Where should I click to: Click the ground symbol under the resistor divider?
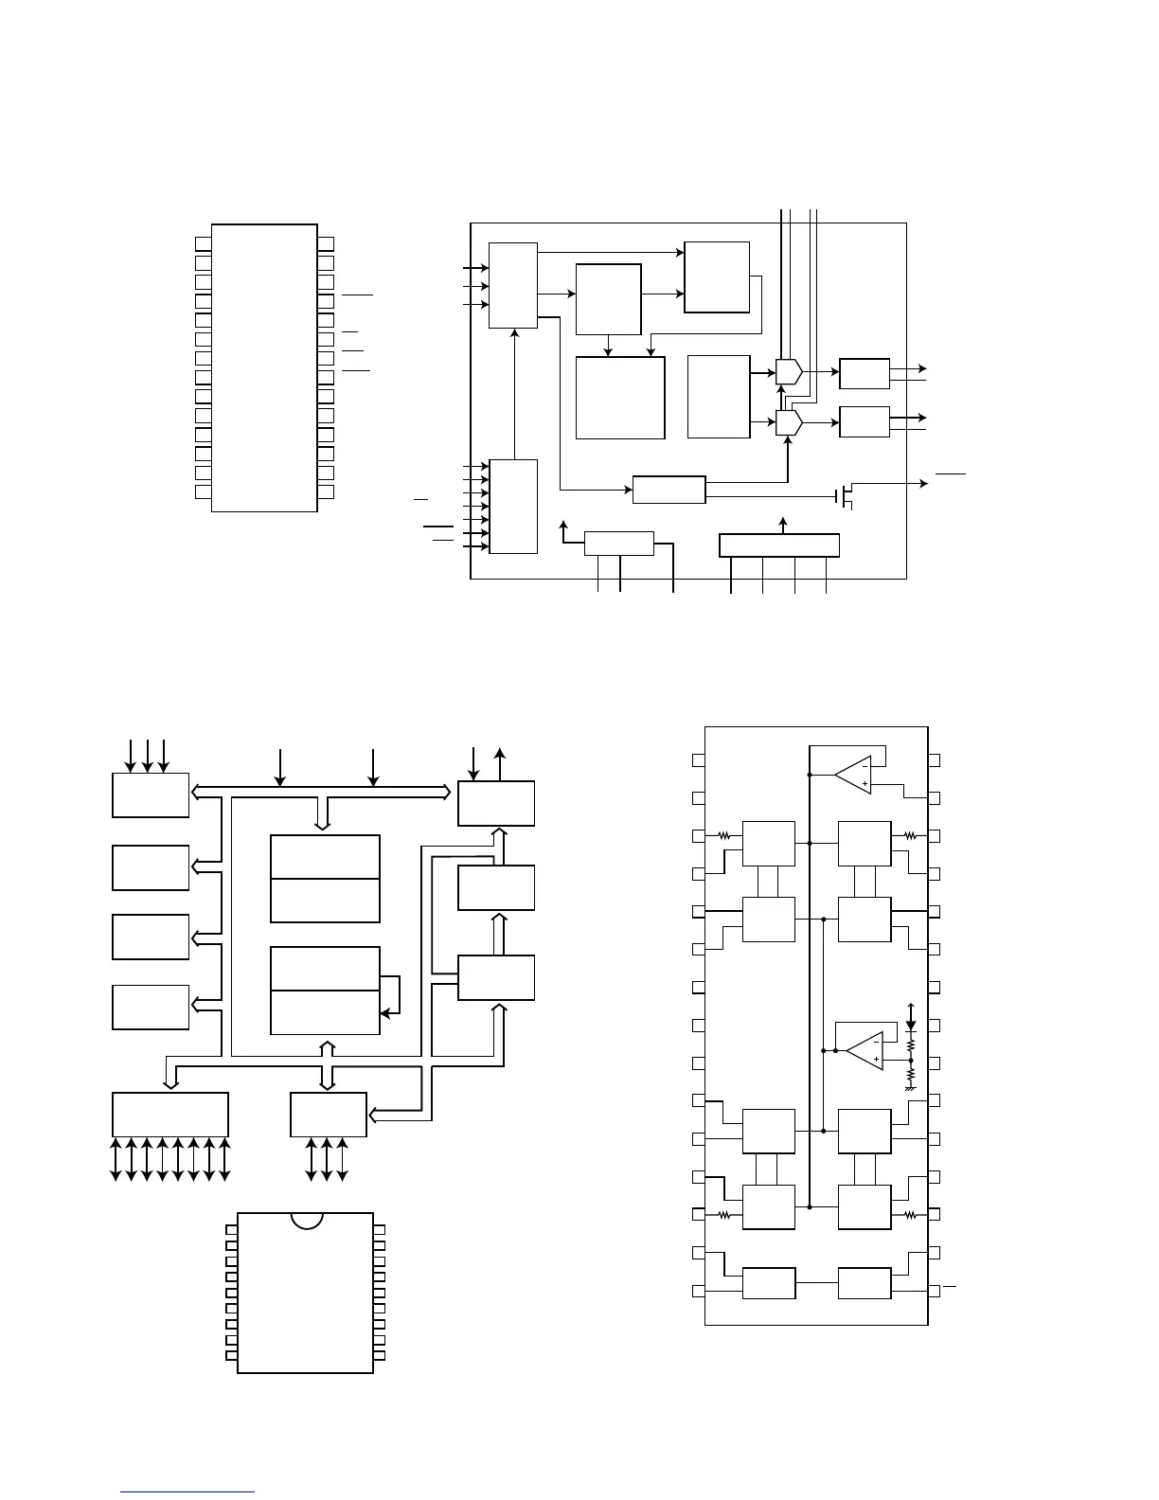pyautogui.click(x=911, y=1088)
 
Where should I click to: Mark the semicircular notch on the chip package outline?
pyautogui.click(x=307, y=1220)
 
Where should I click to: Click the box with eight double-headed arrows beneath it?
pyautogui.click(x=170, y=1115)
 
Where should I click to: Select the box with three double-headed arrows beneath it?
pyautogui.click(x=328, y=1115)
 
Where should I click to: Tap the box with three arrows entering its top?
pyautogui.click(x=151, y=795)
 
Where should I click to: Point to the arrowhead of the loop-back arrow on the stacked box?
pyautogui.click(x=384, y=1014)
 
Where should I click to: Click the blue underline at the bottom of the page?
pyautogui.click(x=187, y=1492)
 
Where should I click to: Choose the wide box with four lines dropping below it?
pyautogui.click(x=779, y=545)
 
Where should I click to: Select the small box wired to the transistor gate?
pyautogui.click(x=669, y=490)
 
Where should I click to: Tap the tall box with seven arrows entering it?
pyautogui.click(x=513, y=507)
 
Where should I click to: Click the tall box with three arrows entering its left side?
pyautogui.click(x=513, y=285)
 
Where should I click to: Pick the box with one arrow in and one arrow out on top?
pyautogui.click(x=496, y=803)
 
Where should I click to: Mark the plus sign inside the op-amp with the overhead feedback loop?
pyautogui.click(x=865, y=784)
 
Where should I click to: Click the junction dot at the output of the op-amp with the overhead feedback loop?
pyautogui.click(x=810, y=775)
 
